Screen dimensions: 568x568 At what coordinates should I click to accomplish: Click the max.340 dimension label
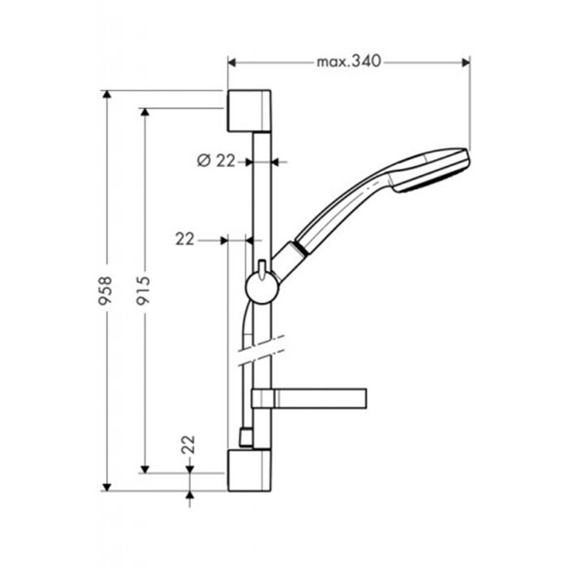click(x=349, y=62)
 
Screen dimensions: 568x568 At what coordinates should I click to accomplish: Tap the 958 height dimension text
click(x=105, y=290)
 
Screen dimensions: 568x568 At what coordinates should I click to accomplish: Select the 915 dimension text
click(x=143, y=290)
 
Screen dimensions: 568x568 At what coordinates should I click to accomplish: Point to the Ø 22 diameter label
click(x=217, y=161)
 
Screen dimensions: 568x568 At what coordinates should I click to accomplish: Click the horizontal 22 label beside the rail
click(x=185, y=239)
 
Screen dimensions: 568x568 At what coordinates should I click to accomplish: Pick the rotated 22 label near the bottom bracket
click(x=188, y=445)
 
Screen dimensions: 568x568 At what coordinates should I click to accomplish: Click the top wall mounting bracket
click(x=249, y=110)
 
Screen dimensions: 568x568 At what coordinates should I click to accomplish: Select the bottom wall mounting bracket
click(x=249, y=470)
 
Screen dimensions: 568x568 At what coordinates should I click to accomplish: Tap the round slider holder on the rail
click(x=261, y=288)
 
